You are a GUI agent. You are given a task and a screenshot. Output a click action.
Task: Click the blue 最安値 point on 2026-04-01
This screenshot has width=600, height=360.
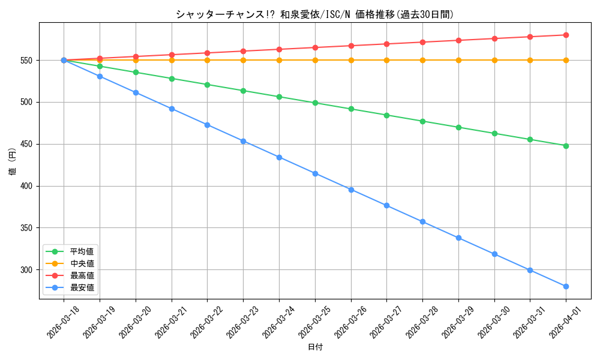point(566,286)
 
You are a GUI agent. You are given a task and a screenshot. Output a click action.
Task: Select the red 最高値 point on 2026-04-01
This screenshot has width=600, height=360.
point(566,35)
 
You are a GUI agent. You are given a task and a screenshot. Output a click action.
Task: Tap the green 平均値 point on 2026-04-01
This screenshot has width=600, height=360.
point(566,146)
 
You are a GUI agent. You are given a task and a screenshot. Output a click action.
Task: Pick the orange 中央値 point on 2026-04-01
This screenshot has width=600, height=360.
point(566,60)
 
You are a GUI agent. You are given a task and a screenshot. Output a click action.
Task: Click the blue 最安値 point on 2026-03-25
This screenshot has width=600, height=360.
point(315,173)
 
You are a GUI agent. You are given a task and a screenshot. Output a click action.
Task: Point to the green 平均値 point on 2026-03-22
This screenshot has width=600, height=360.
point(207,85)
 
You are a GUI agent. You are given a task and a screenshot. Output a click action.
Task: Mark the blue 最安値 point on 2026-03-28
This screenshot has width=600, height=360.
point(422,222)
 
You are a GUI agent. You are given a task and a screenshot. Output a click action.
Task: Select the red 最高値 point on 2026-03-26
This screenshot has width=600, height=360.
point(351,46)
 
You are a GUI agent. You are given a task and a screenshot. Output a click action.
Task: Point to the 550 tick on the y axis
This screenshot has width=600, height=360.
point(28,61)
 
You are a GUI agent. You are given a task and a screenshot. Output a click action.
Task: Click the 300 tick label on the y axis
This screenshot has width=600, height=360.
point(28,270)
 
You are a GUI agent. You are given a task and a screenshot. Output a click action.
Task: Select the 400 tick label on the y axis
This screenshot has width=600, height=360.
point(28,186)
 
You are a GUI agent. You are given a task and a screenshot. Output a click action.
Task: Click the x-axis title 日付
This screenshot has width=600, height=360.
point(315,347)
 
